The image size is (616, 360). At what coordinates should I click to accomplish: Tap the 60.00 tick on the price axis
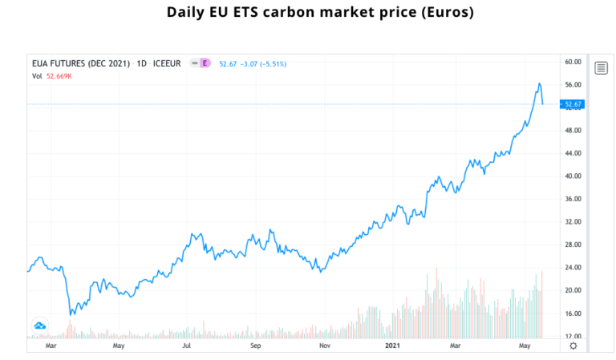(x=572, y=61)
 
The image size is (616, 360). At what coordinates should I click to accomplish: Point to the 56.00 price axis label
(x=572, y=84)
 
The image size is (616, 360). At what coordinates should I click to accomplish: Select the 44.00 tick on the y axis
(x=572, y=153)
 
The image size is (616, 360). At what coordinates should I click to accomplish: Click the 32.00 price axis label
(x=572, y=222)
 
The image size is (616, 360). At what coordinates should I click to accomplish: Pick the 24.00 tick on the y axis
(x=572, y=268)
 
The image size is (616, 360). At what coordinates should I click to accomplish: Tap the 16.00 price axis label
(x=572, y=313)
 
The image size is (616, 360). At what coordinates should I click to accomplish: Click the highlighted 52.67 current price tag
(x=573, y=104)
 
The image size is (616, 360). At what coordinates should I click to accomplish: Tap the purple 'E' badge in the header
(x=205, y=63)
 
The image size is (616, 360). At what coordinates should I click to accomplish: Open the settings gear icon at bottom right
(x=573, y=345)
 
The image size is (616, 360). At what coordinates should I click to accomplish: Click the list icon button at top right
(x=601, y=67)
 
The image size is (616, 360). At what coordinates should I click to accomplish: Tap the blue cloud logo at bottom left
(x=39, y=326)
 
